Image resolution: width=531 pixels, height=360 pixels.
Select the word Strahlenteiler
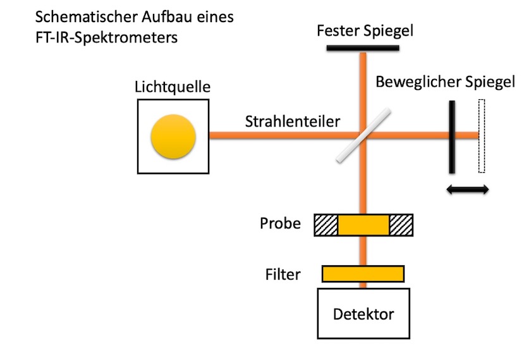coord(293,120)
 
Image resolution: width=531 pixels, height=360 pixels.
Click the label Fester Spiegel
coord(361,30)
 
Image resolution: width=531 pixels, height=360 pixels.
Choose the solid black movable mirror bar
coord(452,136)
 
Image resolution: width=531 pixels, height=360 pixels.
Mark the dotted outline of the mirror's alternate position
coord(482,136)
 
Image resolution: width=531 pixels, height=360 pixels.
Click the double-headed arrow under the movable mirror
coord(467,189)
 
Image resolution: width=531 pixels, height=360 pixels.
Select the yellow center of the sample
coord(363,225)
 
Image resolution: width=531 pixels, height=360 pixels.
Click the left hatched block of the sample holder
coord(326,225)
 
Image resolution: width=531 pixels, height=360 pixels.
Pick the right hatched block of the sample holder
coord(401,225)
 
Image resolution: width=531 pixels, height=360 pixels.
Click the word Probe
coord(280,224)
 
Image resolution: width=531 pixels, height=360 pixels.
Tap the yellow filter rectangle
coord(363,273)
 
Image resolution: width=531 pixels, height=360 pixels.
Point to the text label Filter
coord(283,275)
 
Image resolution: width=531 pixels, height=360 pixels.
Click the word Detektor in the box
coord(363,314)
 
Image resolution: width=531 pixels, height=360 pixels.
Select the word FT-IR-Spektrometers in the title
coord(106,37)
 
